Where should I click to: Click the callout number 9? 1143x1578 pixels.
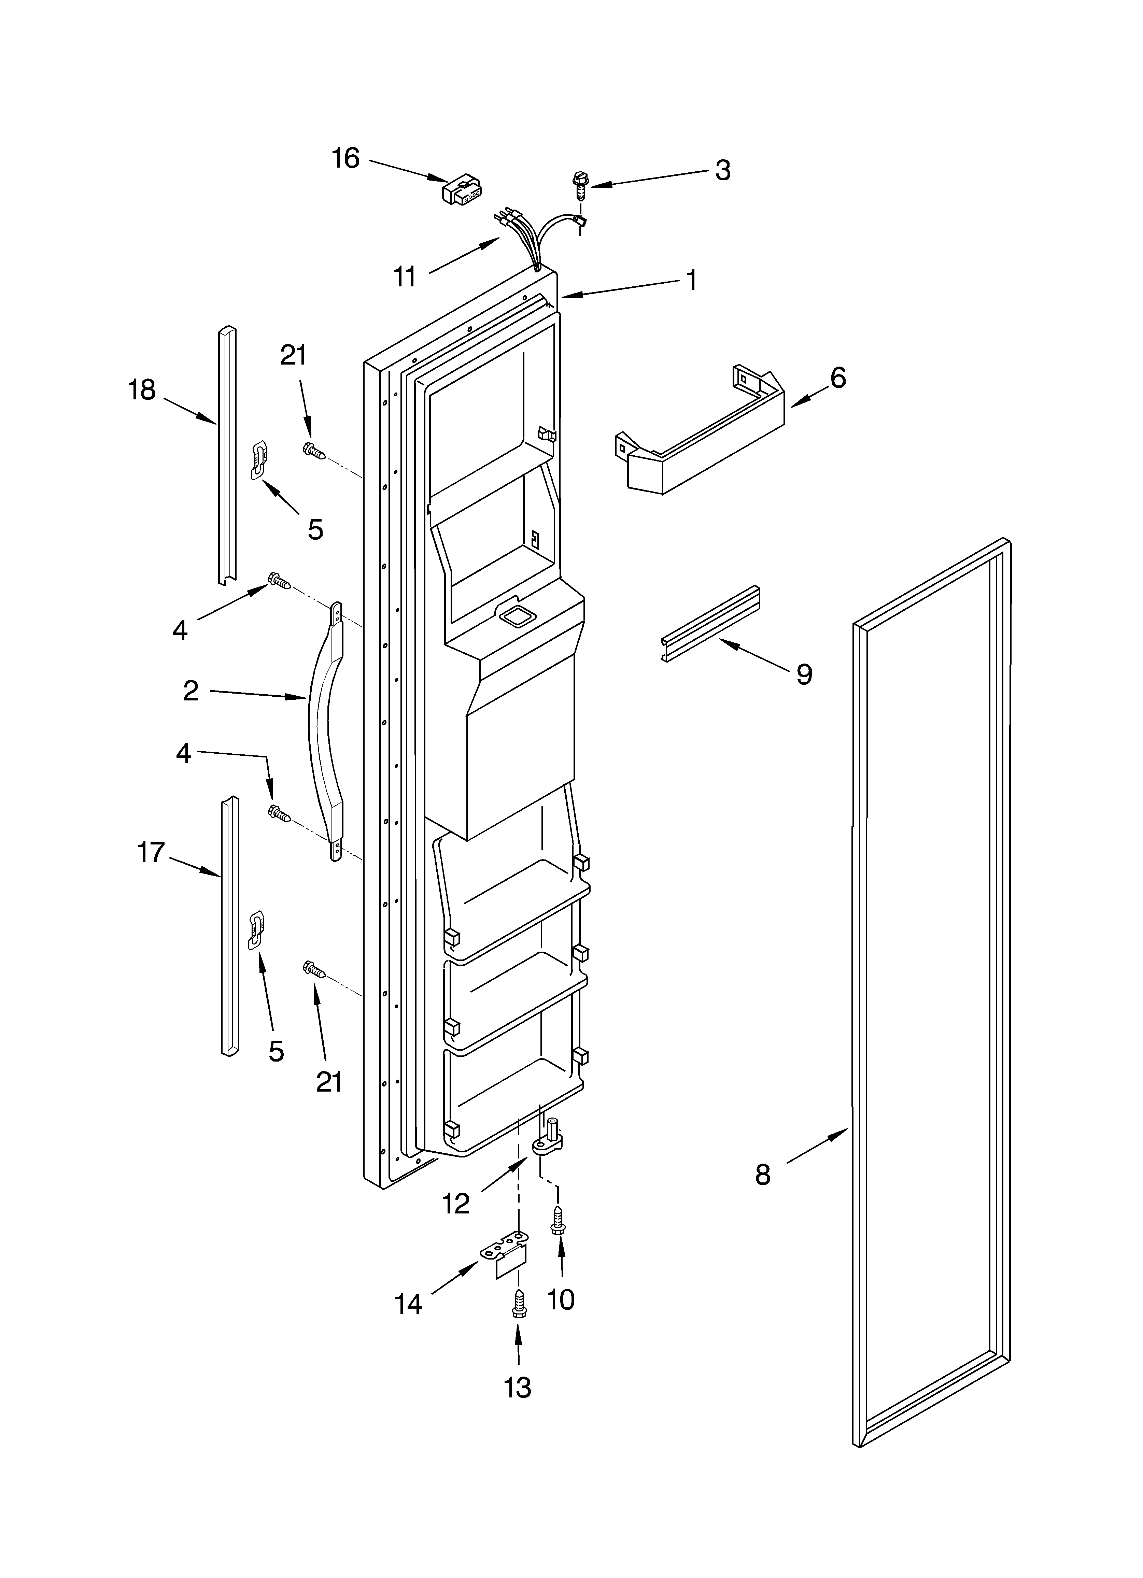point(804,673)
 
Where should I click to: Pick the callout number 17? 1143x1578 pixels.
point(151,852)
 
